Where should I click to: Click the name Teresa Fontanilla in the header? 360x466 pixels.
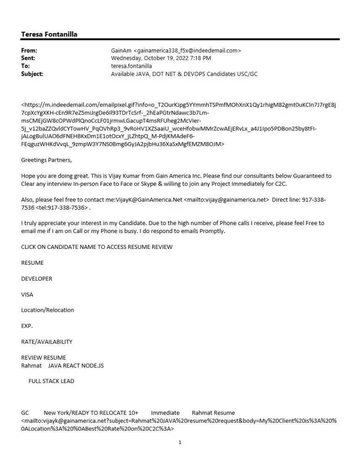pos(49,34)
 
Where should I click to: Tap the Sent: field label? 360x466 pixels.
pos(28,58)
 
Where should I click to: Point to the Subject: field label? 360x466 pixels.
pos(32,74)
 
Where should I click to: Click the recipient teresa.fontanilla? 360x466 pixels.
pos(131,66)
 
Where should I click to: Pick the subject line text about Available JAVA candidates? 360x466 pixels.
pos(184,74)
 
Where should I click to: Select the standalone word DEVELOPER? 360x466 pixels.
pos(37,279)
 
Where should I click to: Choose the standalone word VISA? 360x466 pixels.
pos(27,295)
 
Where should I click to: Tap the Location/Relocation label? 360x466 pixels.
pos(48,310)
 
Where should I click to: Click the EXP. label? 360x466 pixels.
pos(27,326)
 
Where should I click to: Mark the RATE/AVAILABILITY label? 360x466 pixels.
pos(47,342)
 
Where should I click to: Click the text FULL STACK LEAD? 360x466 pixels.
pos(51,381)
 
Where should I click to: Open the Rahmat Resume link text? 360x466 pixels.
pos(213,412)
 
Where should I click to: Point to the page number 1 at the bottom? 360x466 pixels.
pos(180,442)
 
